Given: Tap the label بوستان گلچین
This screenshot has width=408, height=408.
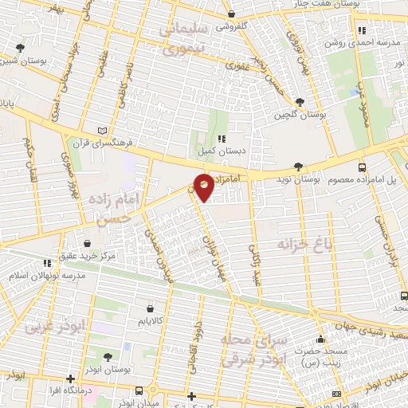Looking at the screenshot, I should click(292, 115).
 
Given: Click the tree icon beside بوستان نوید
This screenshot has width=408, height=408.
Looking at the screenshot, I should click(298, 167).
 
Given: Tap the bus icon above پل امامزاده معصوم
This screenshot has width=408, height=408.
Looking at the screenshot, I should click(363, 167).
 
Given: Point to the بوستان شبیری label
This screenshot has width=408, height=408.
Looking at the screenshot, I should click(21, 61).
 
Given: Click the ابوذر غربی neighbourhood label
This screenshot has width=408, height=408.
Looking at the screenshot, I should click(43, 326).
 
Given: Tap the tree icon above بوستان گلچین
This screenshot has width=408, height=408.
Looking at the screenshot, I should click(299, 102).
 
